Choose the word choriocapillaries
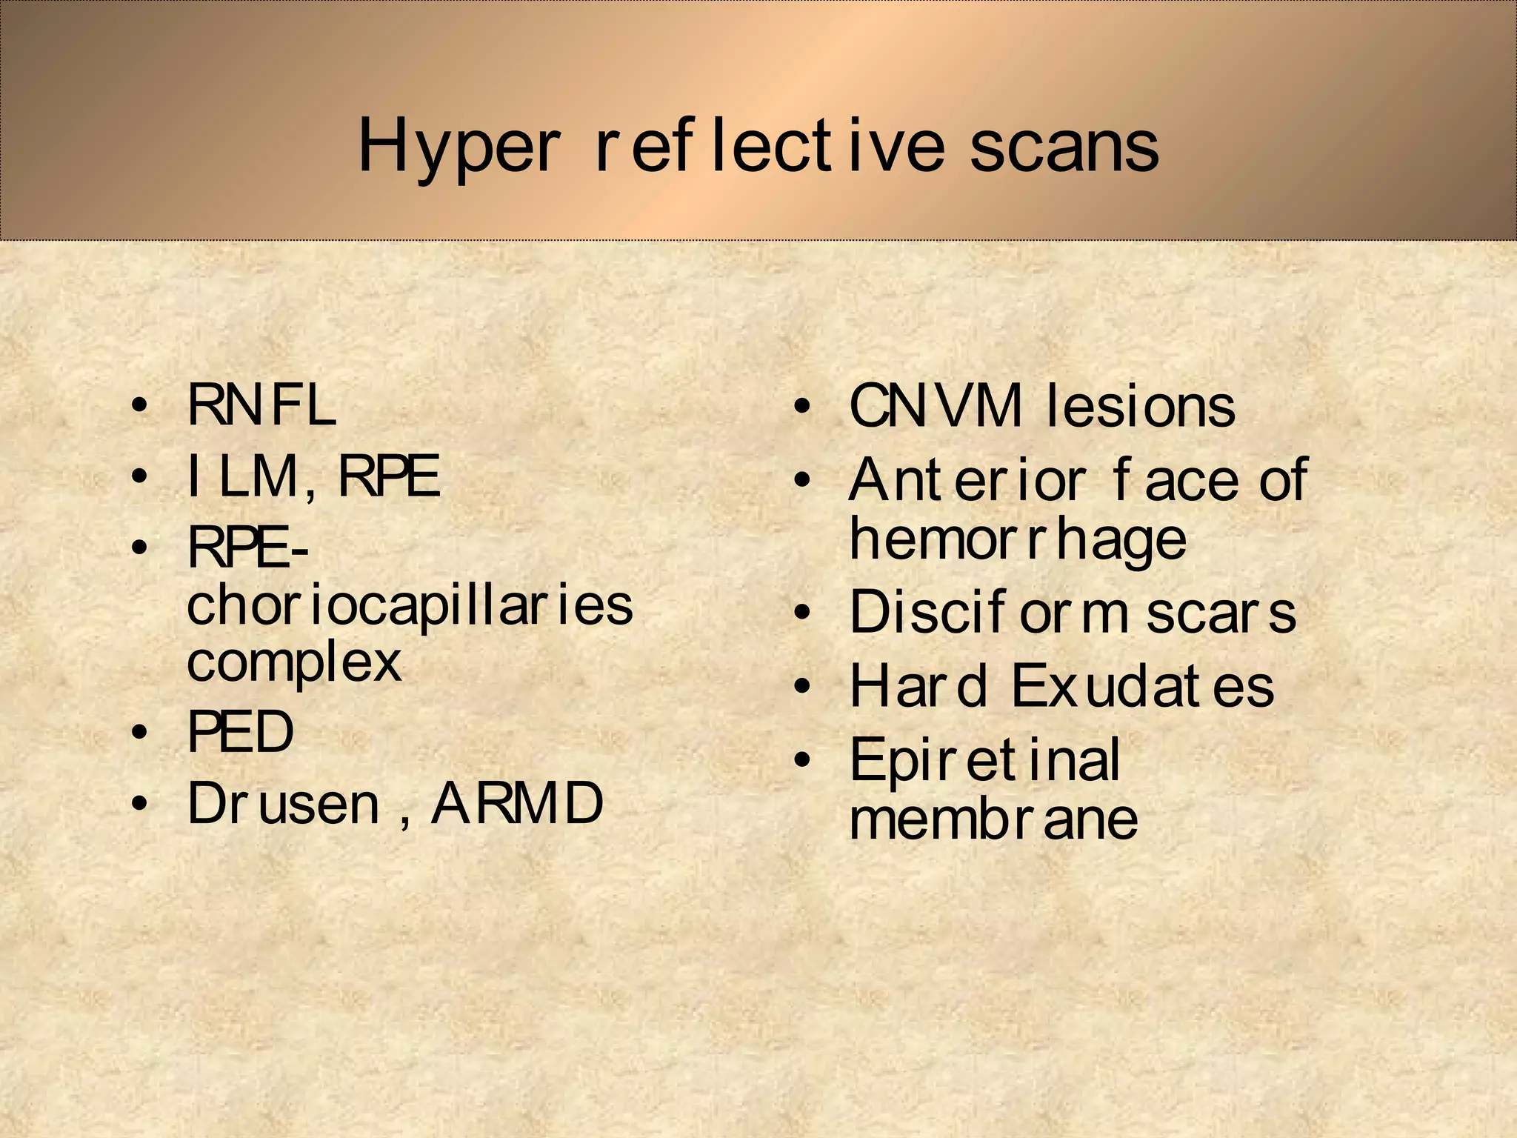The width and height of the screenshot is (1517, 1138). click(x=410, y=605)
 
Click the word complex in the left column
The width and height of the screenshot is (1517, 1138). click(x=294, y=662)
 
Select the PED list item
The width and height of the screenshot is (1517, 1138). click(x=241, y=732)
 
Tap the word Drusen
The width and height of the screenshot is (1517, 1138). click(x=284, y=804)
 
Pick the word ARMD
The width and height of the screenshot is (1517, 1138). click(x=518, y=804)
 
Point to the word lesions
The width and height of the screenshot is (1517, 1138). click(x=1140, y=407)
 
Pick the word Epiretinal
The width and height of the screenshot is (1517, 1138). click(x=984, y=760)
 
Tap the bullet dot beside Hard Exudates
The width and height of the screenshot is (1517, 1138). click(x=801, y=688)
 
